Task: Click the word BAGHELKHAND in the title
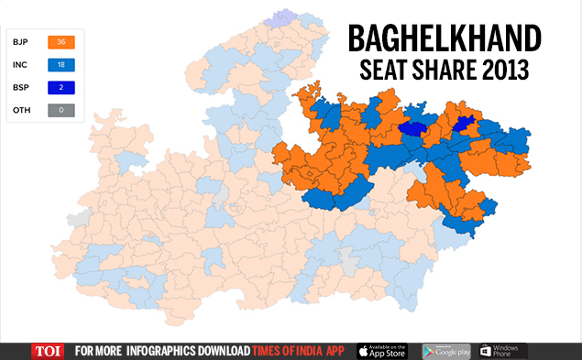tap(443, 38)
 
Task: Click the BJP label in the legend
tap(19, 42)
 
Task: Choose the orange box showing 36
tap(61, 42)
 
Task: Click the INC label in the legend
tap(19, 65)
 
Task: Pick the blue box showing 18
tap(61, 65)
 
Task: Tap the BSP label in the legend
tap(19, 87)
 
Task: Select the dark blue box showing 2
tap(61, 87)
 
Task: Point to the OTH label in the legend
tap(19, 110)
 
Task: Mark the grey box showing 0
tap(61, 110)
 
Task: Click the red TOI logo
tap(47, 351)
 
